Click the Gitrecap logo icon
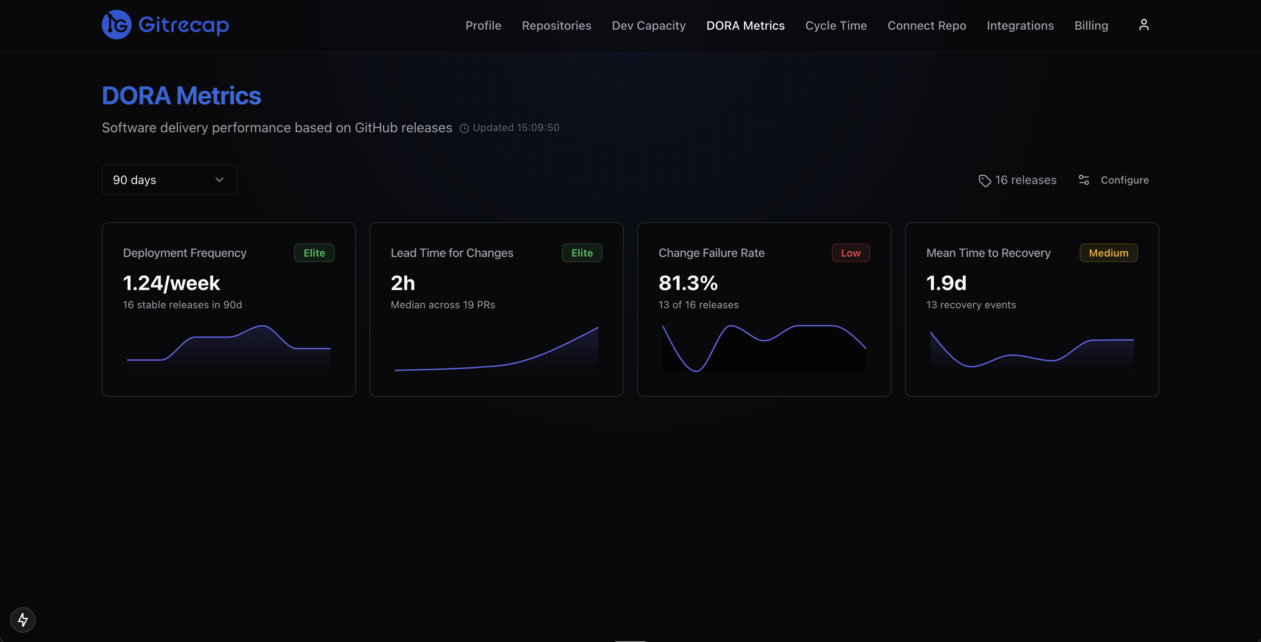(117, 25)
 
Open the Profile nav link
(483, 25)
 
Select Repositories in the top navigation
(556, 25)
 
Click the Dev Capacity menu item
(648, 25)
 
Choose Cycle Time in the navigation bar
(836, 25)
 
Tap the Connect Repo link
(926, 25)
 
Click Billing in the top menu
(1091, 25)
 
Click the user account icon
(1144, 25)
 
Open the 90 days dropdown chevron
(219, 180)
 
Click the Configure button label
(1124, 180)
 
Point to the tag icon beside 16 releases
(984, 181)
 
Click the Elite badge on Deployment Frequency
(314, 253)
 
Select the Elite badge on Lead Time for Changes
(581, 253)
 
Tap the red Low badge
(850, 253)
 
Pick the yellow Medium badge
(1108, 253)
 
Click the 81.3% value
(688, 283)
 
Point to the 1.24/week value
(171, 283)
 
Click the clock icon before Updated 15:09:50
(464, 128)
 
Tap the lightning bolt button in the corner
(23, 620)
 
